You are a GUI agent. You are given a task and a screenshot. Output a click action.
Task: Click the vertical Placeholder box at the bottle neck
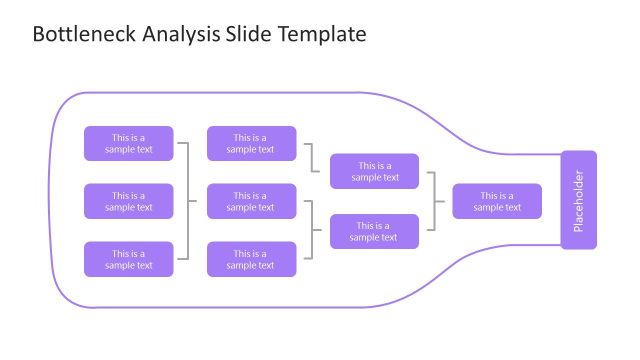click(578, 200)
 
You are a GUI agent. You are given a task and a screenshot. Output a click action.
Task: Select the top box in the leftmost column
click(128, 143)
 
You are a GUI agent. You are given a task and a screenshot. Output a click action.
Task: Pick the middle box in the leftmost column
click(128, 201)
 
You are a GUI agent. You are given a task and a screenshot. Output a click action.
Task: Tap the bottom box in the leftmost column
click(128, 259)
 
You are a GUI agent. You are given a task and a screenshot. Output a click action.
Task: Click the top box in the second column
click(251, 143)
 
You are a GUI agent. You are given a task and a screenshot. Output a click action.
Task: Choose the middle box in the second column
click(251, 201)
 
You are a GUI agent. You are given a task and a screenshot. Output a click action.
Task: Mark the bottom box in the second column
click(251, 259)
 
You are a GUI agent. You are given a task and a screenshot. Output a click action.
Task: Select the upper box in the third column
click(375, 171)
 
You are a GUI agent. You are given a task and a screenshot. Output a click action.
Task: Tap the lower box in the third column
click(375, 231)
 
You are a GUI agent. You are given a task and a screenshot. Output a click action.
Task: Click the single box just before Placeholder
click(497, 201)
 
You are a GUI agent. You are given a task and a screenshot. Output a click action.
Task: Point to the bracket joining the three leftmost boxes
click(188, 201)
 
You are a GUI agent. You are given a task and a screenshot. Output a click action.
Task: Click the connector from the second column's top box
click(313, 158)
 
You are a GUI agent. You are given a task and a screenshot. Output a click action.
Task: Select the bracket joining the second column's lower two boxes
click(313, 230)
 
